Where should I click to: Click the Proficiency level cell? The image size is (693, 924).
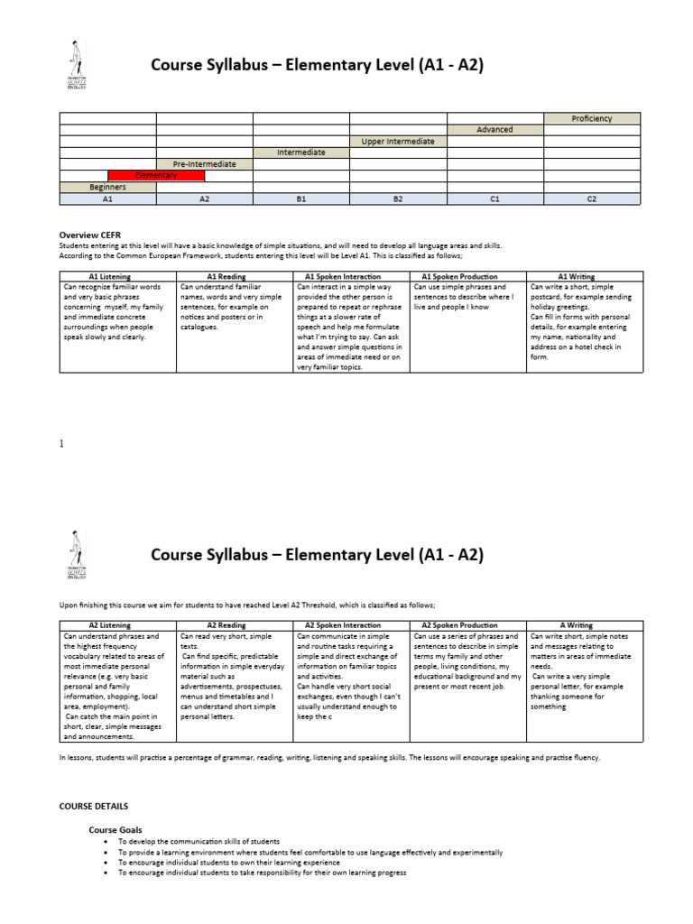pos(592,118)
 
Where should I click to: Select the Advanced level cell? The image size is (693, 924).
pos(494,130)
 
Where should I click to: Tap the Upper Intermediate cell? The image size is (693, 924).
pos(398,142)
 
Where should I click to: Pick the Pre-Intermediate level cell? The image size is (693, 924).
pos(205,164)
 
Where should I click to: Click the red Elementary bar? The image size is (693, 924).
pos(156,175)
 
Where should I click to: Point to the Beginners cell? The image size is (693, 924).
pos(107,187)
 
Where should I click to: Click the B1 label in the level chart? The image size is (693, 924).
pos(301,199)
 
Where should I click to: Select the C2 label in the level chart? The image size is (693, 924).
pos(592,199)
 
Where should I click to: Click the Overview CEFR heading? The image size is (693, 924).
pos(90,236)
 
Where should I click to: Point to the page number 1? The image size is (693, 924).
pos(61,444)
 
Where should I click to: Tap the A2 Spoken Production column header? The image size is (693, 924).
pos(467,624)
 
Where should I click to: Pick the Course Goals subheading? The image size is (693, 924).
pos(115,829)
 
